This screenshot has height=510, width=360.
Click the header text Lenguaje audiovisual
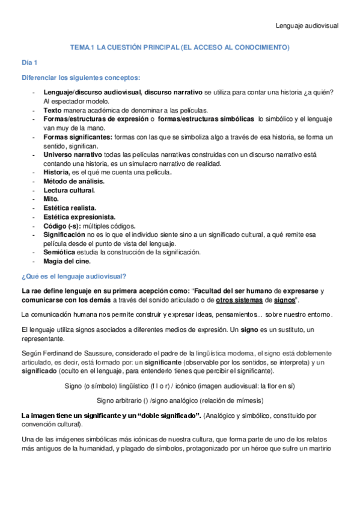[x=307, y=26]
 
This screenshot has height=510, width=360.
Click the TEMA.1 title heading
[x=180, y=47]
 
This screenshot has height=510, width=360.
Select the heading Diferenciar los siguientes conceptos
[x=81, y=78]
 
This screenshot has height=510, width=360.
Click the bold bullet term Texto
[x=53, y=110]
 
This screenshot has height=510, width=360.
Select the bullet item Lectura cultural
[x=69, y=190]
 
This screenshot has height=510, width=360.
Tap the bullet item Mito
[x=52, y=198]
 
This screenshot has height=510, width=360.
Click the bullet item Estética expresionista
[x=79, y=217]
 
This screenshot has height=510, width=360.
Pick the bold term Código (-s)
[x=66, y=225]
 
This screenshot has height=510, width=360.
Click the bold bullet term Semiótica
[x=62, y=252]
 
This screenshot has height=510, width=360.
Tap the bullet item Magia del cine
[x=67, y=261]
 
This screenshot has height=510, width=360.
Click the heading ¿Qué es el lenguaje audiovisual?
[x=73, y=276]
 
